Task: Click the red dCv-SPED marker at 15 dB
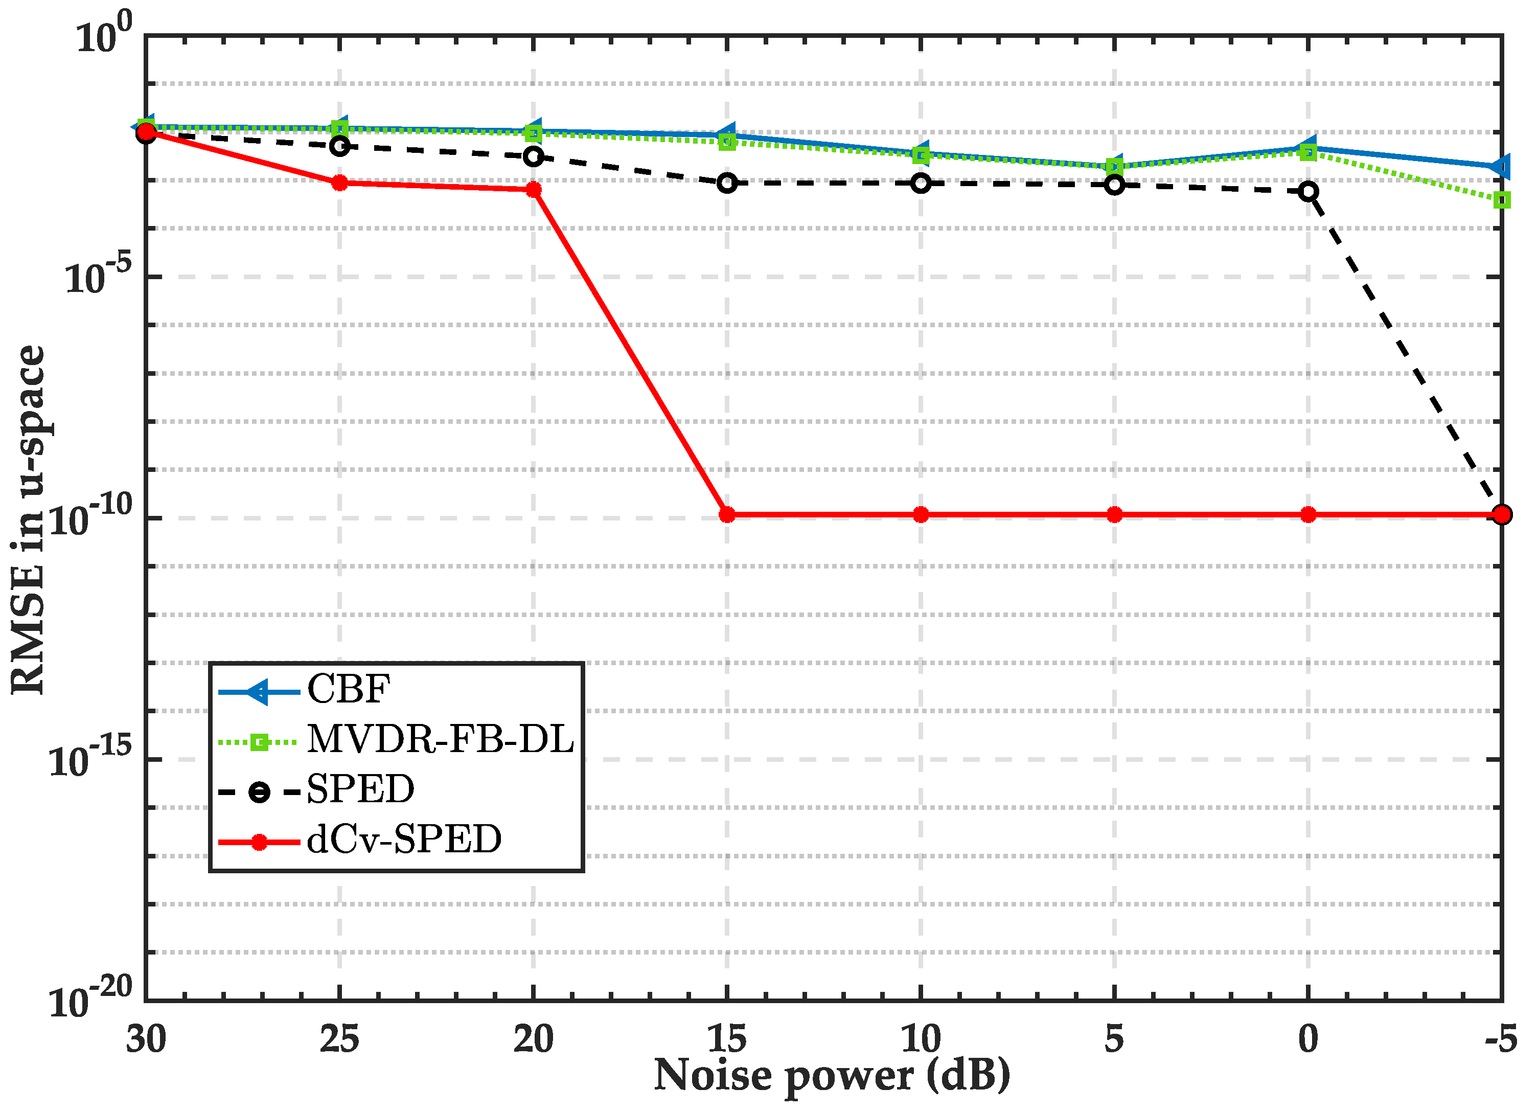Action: coord(727,515)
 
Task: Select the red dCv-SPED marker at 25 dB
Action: coord(340,183)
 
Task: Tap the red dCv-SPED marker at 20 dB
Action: coord(534,189)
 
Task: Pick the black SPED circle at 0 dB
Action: coord(1308,191)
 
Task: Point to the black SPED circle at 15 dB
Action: coord(727,183)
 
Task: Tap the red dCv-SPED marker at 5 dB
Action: coord(1114,515)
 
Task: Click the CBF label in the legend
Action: coord(349,689)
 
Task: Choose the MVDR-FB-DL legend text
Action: coord(441,739)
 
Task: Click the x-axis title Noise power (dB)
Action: coord(832,1076)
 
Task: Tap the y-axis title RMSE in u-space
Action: coord(29,519)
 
